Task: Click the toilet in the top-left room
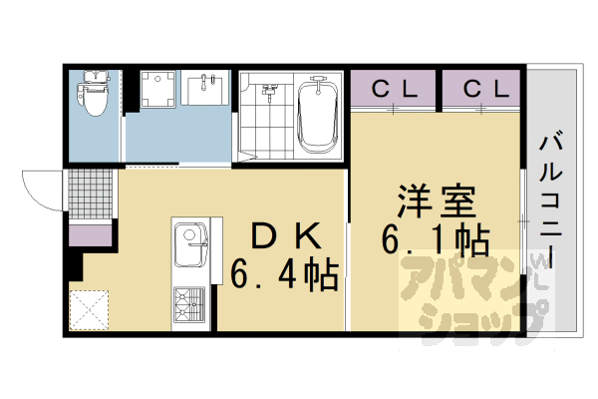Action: (x=94, y=95)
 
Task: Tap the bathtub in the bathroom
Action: (x=317, y=118)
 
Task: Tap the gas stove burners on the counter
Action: (x=189, y=302)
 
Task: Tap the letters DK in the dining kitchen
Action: (x=286, y=235)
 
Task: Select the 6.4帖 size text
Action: (x=286, y=272)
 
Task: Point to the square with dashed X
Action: (x=91, y=307)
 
